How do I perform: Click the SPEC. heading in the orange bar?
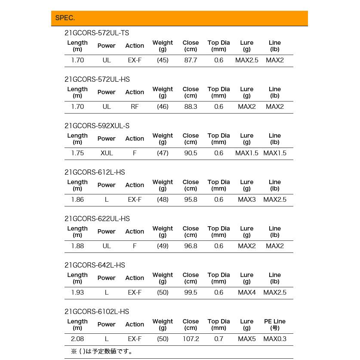click(65, 18)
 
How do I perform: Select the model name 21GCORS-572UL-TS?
click(97, 33)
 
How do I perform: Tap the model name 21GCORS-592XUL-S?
click(97, 126)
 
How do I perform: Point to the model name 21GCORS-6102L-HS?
click(97, 312)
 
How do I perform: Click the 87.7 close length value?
click(191, 60)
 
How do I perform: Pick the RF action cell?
click(135, 107)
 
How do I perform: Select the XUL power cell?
click(107, 153)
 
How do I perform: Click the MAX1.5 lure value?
click(247, 153)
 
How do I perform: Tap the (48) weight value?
click(163, 200)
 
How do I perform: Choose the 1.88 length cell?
click(77, 246)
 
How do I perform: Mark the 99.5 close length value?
click(191, 292)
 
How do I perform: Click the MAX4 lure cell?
click(247, 292)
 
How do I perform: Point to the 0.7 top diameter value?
click(219, 339)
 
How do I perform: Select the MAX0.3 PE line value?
click(275, 339)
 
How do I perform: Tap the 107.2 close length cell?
click(191, 339)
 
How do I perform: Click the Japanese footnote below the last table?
click(103, 351)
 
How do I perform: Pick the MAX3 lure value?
click(247, 200)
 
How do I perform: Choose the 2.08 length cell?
click(77, 339)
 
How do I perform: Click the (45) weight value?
click(163, 60)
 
